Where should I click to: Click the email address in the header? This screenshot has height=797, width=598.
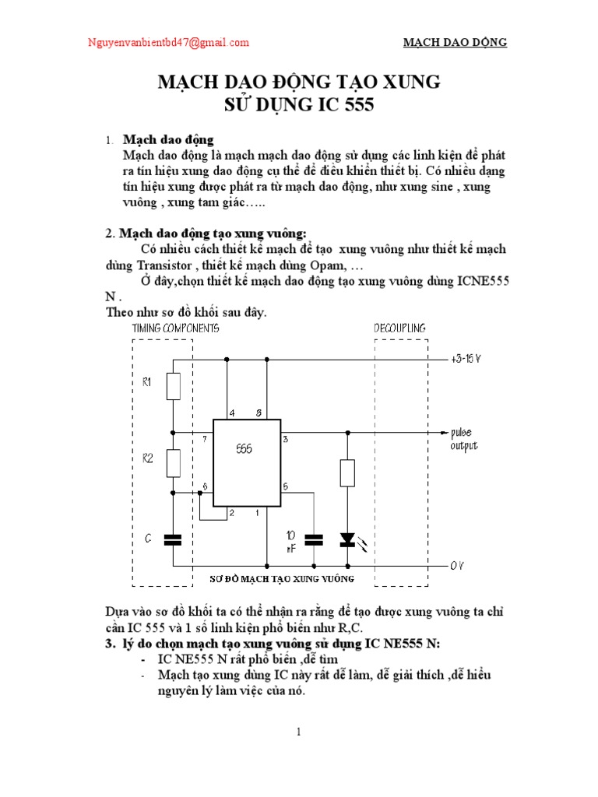tap(168, 43)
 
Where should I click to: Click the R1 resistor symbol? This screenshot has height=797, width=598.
tap(174, 386)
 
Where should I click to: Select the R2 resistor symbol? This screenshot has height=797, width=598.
tap(174, 463)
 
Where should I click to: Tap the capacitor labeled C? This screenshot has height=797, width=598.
tap(174, 538)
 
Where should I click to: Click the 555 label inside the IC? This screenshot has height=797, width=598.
tap(244, 450)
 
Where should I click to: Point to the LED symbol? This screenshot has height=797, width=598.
tap(347, 539)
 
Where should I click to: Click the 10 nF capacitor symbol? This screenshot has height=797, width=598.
tap(313, 539)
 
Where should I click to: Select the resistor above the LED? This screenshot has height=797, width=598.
tap(347, 472)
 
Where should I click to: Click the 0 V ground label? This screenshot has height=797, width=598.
tap(457, 565)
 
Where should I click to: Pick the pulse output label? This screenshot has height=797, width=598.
tap(463, 439)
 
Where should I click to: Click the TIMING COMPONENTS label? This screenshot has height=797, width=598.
tap(175, 328)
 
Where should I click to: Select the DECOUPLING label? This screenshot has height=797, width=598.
tap(399, 328)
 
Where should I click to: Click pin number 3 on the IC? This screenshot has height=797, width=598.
tap(286, 440)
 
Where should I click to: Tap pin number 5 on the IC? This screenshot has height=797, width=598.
tap(286, 486)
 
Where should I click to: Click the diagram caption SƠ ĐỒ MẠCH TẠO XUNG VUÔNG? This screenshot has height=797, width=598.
tap(283, 579)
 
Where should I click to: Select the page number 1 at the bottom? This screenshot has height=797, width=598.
tap(298, 732)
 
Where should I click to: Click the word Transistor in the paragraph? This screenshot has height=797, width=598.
tap(133, 265)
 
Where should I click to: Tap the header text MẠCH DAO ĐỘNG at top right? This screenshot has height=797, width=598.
tap(455, 43)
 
